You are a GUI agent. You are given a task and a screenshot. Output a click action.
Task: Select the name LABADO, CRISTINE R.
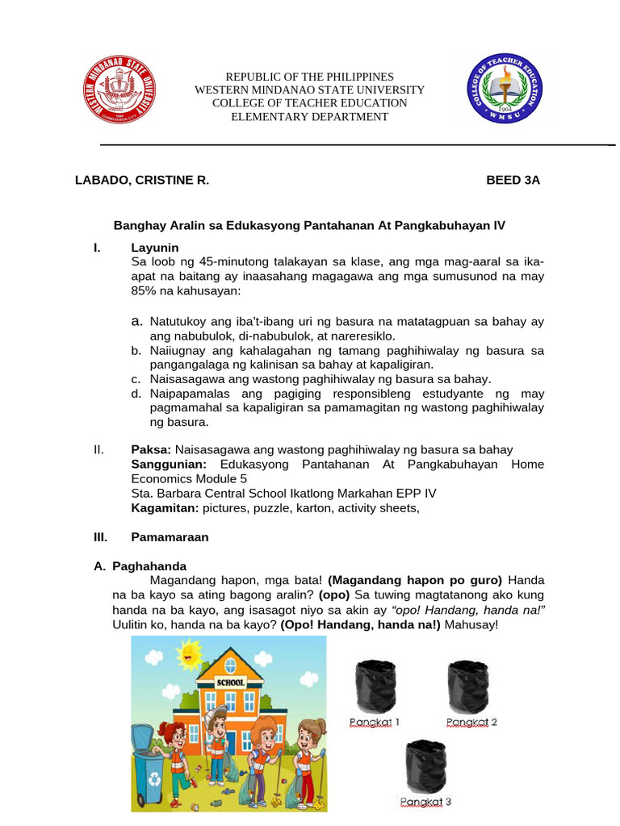(142, 181)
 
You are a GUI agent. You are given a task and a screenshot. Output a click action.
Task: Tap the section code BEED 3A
(513, 181)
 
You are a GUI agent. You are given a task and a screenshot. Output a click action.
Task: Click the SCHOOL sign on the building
(230, 682)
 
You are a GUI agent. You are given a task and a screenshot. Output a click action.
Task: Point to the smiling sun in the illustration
(190, 654)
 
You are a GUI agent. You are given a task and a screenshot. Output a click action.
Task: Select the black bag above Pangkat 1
(375, 686)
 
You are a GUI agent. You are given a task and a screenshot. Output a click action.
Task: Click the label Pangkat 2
(471, 722)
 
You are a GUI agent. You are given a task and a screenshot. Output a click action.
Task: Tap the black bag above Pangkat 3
(425, 766)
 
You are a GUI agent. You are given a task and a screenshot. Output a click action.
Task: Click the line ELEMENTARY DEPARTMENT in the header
(309, 117)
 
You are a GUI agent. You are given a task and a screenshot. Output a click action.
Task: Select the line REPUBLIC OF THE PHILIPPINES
(309, 76)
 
